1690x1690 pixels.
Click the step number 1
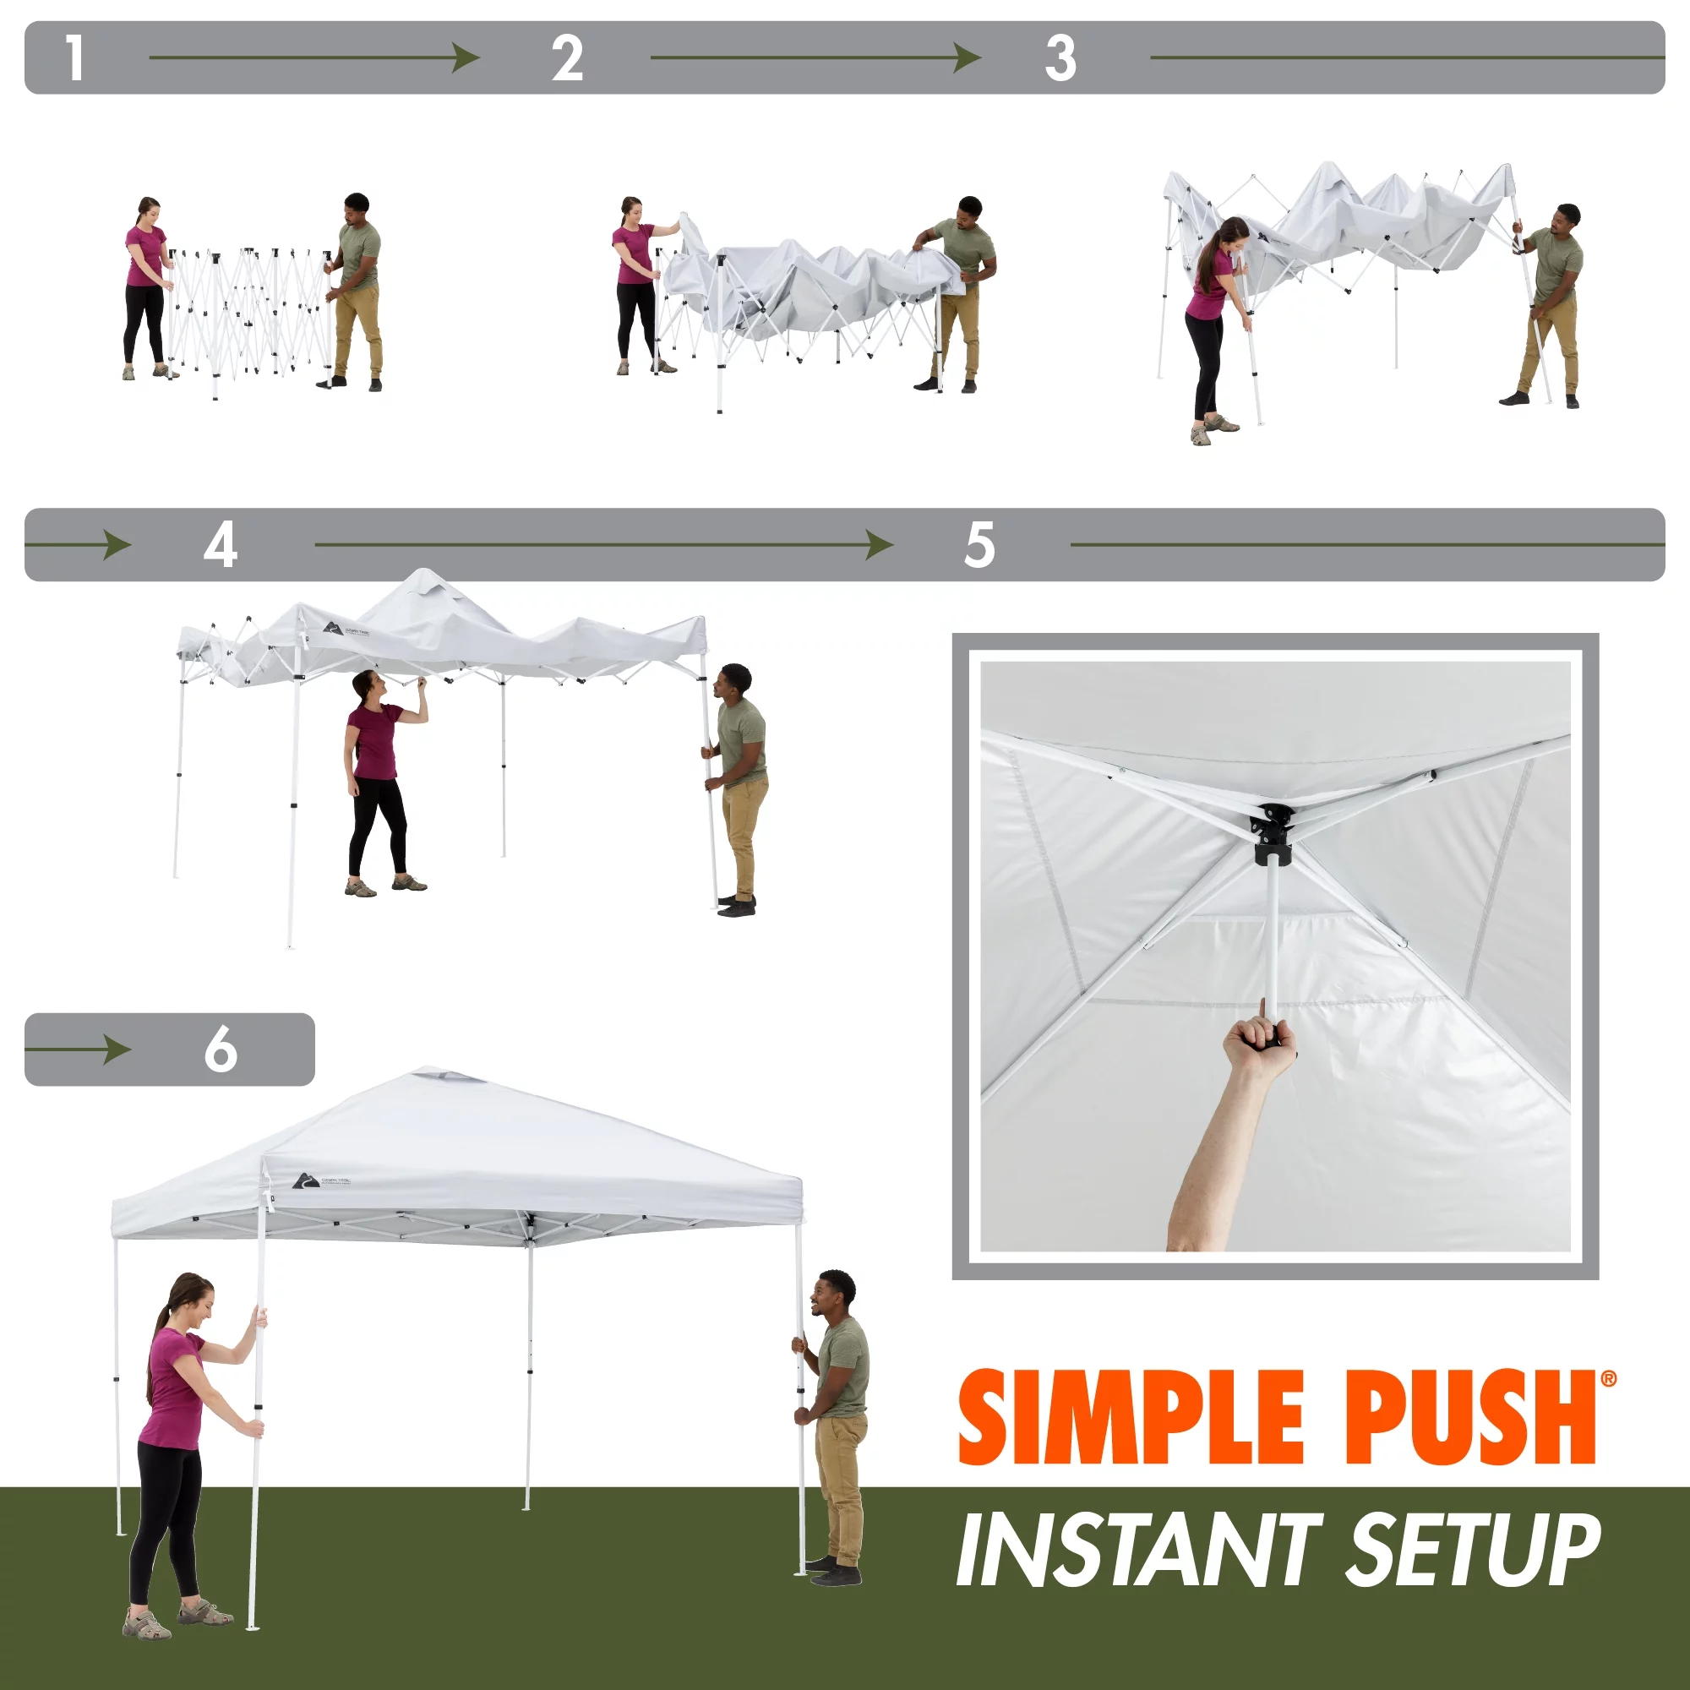[75, 58]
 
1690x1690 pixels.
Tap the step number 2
[568, 58]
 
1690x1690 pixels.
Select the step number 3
[1060, 58]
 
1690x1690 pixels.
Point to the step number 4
[221, 545]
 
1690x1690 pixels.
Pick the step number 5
[979, 545]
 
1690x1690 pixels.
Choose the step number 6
[221, 1049]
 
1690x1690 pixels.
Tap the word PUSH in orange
[1469, 1418]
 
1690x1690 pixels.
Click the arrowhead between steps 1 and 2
[466, 58]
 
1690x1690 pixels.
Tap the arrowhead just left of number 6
[117, 1049]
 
